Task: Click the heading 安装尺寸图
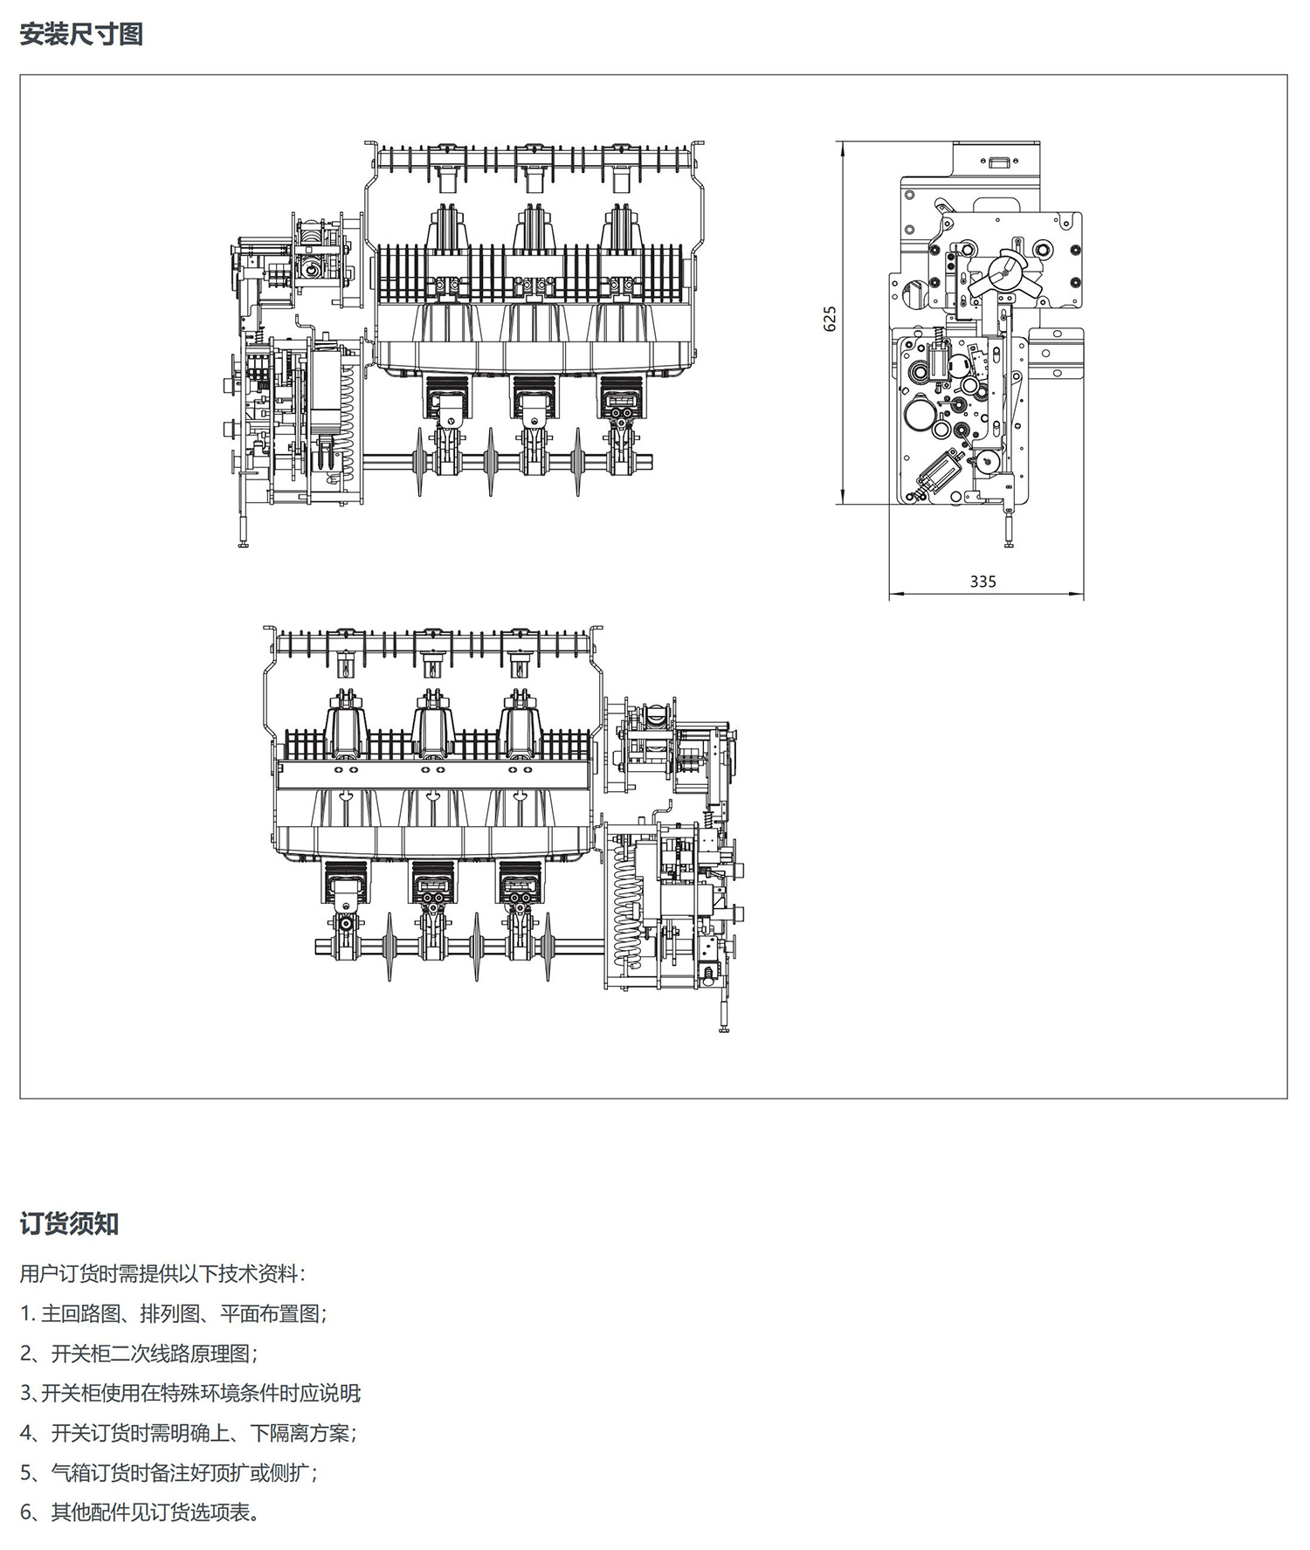click(81, 35)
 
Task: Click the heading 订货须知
click(69, 1224)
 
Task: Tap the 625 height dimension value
click(830, 319)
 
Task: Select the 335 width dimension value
click(982, 582)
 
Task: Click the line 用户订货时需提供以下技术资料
click(162, 1274)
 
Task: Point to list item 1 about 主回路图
click(174, 1314)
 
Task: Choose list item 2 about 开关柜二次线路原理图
click(140, 1354)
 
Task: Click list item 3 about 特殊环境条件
click(190, 1393)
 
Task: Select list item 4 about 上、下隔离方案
click(190, 1433)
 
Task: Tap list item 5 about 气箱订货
click(169, 1473)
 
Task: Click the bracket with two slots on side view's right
click(1056, 355)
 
